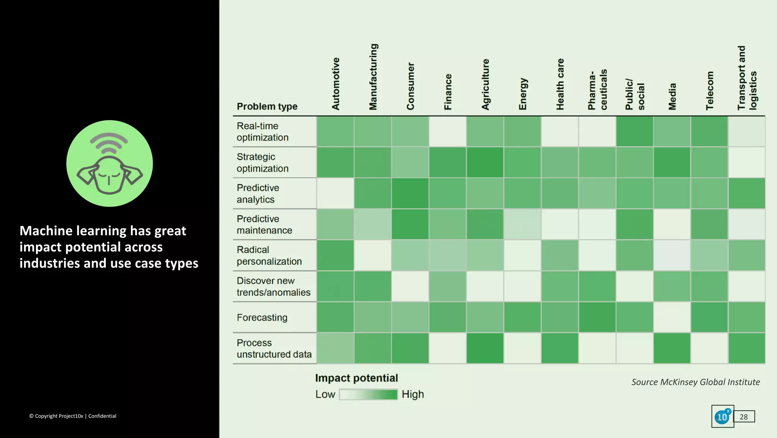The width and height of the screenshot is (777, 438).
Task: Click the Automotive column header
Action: click(x=335, y=84)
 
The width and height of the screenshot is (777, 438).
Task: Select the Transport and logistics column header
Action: click(x=747, y=78)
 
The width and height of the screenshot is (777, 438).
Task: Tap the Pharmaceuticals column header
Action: click(x=597, y=90)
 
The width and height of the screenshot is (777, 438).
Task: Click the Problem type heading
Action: click(x=267, y=106)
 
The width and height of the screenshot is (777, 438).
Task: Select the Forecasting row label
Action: click(x=262, y=318)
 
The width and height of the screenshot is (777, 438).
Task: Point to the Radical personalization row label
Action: click(x=269, y=256)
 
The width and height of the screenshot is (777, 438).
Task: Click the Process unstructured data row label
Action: click(x=274, y=348)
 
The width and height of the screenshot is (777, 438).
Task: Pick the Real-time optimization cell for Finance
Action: click(x=448, y=131)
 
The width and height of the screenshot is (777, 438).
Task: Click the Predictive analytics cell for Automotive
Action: click(x=335, y=193)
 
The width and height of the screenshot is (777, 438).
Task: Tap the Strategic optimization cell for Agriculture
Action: click(x=485, y=163)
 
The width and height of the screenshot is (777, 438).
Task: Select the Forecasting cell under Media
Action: click(x=672, y=318)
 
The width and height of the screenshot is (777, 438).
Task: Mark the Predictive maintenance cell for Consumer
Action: click(x=410, y=225)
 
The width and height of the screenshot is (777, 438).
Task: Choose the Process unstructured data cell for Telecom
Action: click(x=709, y=348)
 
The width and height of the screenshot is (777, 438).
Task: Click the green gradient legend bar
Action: click(x=368, y=395)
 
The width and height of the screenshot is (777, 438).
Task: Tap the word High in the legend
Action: click(x=412, y=395)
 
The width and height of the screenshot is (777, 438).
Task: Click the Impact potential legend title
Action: click(x=356, y=378)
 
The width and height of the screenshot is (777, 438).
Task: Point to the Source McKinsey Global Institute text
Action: click(x=695, y=382)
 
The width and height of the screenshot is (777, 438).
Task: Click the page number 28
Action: click(x=744, y=417)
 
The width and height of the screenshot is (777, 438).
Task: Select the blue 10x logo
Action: click(x=722, y=417)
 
